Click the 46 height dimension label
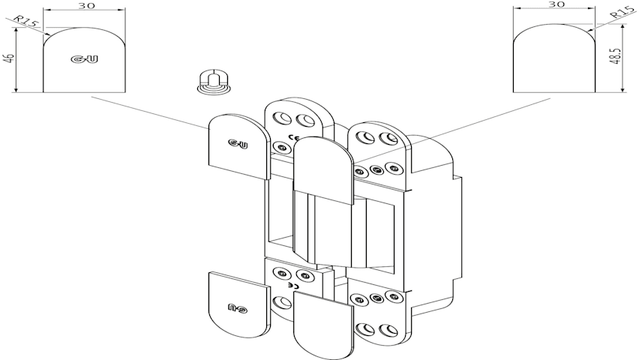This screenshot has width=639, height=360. point(8,58)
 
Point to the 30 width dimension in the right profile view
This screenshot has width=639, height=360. point(555,4)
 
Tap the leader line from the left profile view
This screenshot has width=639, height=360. point(150,112)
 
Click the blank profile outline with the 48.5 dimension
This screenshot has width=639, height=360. point(554,60)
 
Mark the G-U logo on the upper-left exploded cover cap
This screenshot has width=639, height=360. point(237,144)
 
